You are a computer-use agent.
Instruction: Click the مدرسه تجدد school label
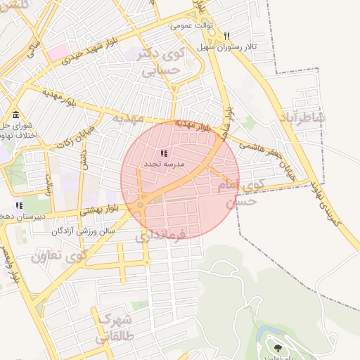tap(164, 164)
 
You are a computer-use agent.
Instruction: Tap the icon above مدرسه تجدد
tap(164, 153)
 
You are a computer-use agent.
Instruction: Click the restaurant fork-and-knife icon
tap(226, 36)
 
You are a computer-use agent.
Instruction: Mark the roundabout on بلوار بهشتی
tap(141, 205)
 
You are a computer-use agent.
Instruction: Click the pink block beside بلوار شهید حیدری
tap(58, 51)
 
